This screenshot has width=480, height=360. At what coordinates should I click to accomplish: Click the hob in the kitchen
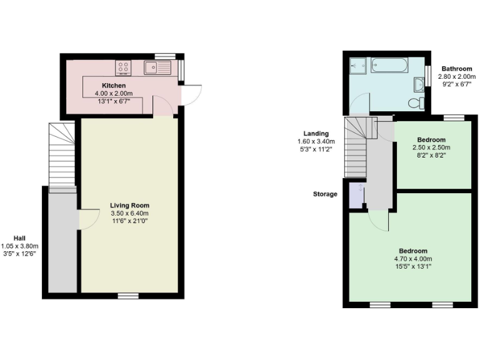click(x=123, y=67)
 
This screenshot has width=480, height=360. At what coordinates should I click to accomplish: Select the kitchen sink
click(x=157, y=67)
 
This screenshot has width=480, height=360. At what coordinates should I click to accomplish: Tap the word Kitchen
click(x=114, y=86)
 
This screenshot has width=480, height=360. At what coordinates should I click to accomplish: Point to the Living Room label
click(x=129, y=205)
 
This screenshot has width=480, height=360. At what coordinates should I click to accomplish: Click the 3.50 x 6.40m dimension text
click(x=129, y=213)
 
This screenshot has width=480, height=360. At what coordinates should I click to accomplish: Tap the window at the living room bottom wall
click(x=129, y=295)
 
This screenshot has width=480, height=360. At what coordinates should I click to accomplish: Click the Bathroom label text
click(x=456, y=69)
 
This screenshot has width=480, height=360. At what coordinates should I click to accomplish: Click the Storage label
click(x=325, y=194)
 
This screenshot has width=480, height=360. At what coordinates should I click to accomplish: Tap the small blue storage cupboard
click(x=357, y=194)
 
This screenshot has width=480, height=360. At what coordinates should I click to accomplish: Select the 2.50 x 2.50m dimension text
click(x=432, y=147)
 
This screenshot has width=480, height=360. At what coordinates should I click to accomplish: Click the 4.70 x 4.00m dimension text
click(x=412, y=259)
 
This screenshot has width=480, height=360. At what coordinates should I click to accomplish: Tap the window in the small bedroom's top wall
click(x=454, y=117)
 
